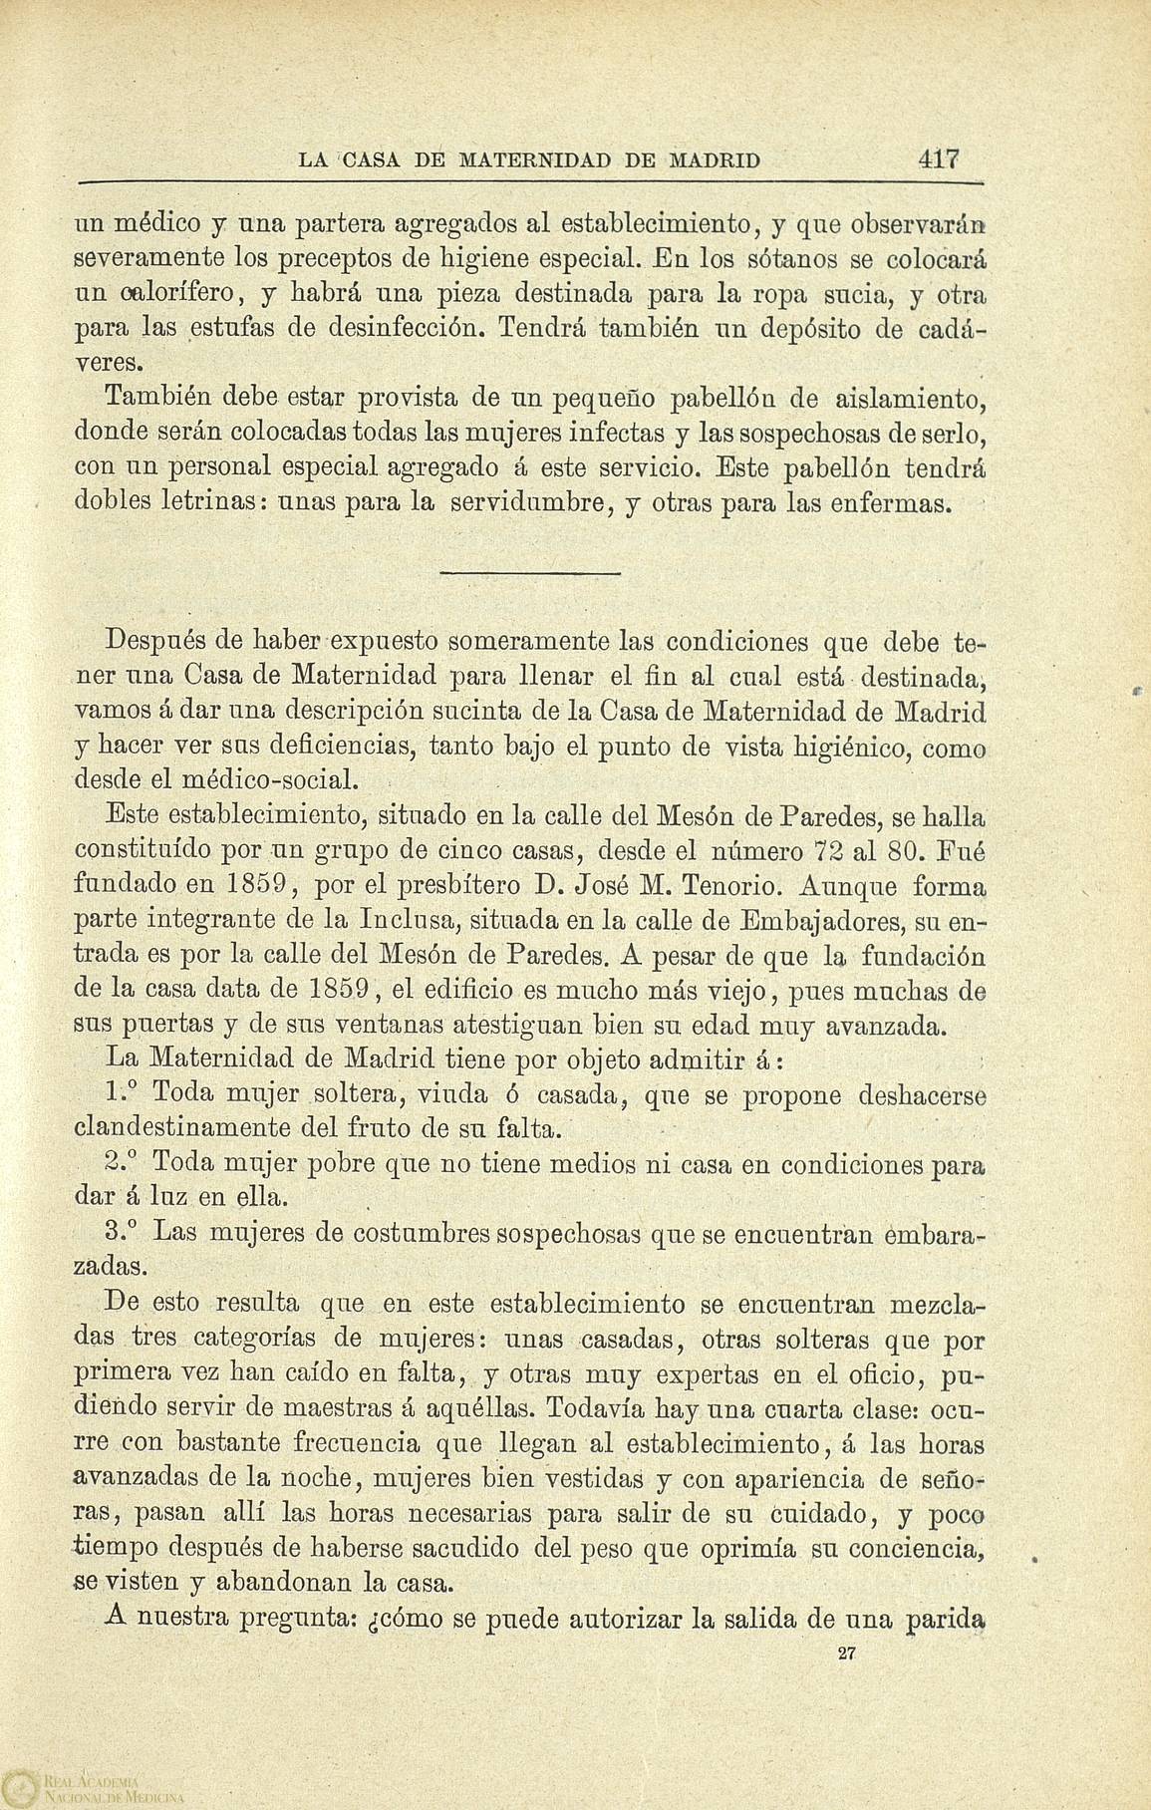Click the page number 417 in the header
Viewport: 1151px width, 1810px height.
[x=939, y=158]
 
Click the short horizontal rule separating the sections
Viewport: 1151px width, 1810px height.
[x=528, y=573]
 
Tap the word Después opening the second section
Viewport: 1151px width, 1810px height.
[x=154, y=638]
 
